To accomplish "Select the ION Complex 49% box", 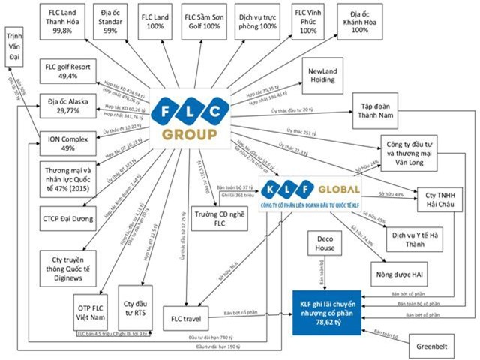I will tap(68, 142).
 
